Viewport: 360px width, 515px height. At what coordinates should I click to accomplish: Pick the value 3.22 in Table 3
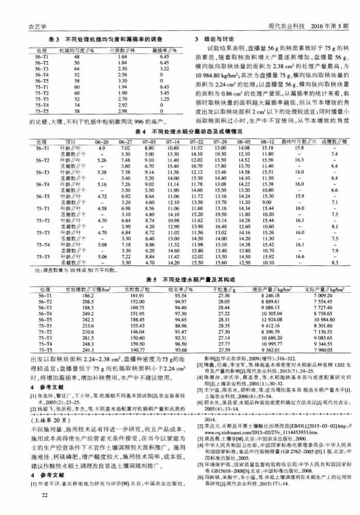tap(165, 68)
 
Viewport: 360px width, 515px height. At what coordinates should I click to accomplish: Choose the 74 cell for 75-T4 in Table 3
tap(76, 104)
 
